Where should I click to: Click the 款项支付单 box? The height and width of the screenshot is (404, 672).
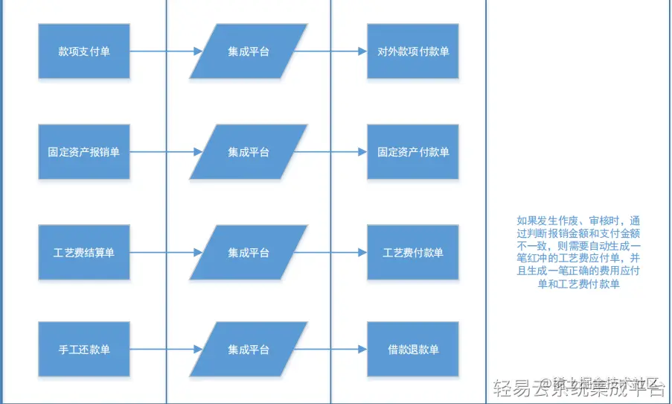pos(84,51)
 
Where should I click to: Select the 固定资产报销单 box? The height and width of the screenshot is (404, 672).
pos(84,152)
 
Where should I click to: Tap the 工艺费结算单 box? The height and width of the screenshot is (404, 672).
pos(84,253)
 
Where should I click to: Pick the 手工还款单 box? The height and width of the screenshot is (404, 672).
pos(84,350)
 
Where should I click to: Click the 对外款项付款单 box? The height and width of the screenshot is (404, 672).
pos(413,51)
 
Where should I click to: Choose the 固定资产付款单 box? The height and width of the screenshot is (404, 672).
pos(413,152)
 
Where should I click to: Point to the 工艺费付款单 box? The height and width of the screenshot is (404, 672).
pos(413,253)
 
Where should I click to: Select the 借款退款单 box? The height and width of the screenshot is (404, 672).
pos(413,350)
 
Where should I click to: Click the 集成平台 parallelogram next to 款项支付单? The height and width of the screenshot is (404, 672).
pos(249,51)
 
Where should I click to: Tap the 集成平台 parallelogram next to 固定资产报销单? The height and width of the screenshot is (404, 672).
pos(249,152)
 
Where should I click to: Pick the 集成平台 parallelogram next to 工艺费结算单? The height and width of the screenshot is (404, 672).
pos(249,253)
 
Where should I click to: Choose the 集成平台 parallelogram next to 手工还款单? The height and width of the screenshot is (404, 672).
pos(249,350)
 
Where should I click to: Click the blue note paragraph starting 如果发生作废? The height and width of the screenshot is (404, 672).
pos(578,253)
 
